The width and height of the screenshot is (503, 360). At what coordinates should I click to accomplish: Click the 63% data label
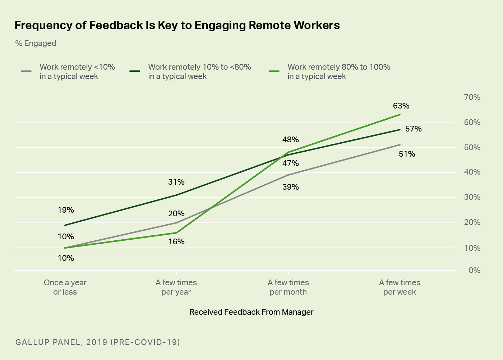401,106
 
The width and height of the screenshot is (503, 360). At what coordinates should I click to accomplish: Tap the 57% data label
413,129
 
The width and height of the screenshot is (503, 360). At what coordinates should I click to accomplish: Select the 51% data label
407,154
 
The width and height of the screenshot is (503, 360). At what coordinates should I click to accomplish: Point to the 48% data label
290,140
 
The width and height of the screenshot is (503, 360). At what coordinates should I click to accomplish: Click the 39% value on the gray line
290,187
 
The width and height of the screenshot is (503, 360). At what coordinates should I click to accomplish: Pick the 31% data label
176,182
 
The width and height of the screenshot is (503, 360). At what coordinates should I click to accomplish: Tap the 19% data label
66,210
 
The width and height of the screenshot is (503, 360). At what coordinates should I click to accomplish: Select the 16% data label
176,242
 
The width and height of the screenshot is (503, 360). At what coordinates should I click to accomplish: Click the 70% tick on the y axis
472,97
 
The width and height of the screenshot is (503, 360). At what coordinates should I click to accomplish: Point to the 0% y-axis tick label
474,271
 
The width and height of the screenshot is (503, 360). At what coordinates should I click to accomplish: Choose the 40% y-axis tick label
472,172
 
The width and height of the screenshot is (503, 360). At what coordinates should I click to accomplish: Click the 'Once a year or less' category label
65,287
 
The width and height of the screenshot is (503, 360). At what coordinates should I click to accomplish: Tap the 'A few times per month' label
288,287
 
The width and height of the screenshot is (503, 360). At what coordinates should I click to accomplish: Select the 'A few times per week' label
400,287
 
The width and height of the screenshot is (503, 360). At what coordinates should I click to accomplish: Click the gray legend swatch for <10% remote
26,71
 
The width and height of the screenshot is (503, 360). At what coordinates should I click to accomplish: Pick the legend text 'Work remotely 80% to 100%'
339,67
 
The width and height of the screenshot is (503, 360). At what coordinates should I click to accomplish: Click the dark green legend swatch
135,71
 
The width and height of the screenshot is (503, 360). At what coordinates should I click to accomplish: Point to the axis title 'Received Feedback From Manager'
251,312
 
